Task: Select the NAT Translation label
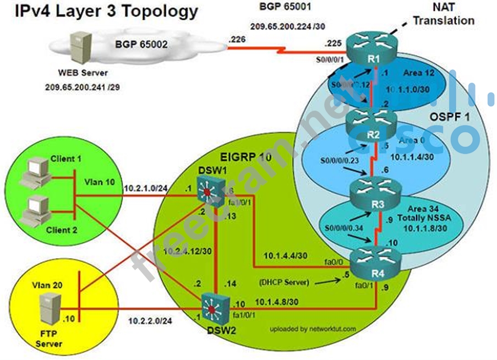point(443,15)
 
